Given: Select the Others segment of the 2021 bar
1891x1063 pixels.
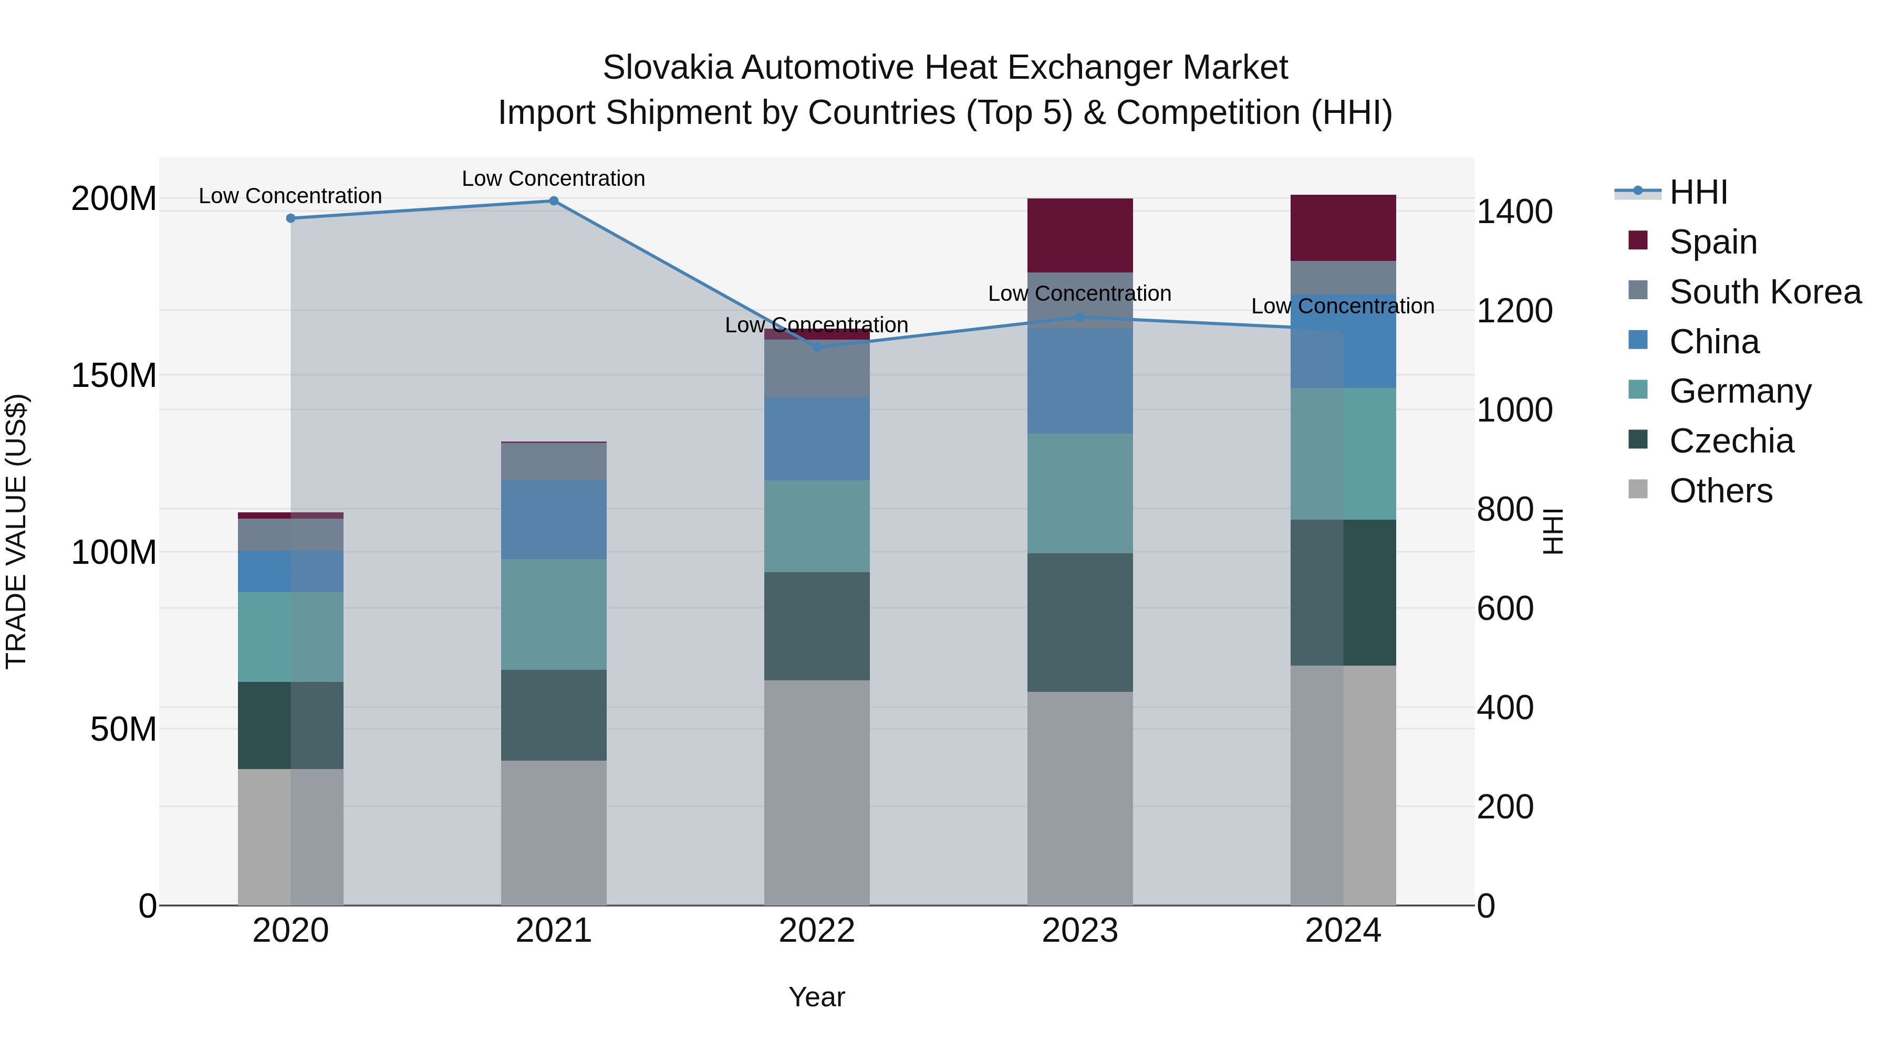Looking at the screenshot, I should point(554,832).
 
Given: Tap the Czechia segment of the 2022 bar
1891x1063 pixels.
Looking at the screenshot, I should point(816,626).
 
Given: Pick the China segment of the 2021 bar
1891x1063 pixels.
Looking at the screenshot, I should point(554,519).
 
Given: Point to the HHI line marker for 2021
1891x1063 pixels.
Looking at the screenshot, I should point(554,201).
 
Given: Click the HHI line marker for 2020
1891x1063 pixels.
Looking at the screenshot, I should point(290,218).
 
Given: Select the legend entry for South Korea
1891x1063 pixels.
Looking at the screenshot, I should point(1765,292).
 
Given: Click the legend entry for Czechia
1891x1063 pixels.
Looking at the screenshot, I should point(1731,441).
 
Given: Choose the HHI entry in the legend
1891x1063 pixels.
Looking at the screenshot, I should point(1698,192).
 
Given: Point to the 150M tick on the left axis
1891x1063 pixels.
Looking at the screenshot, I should point(114,376).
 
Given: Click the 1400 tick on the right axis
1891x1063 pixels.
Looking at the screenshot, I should point(1514,212).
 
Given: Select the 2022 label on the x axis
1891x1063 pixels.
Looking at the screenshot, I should point(816,931).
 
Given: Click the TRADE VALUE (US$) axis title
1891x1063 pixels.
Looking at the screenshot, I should point(16,531).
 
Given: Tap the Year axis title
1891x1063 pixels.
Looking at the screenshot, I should point(816,997).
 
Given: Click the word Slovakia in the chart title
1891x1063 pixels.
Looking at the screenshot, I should point(667,68).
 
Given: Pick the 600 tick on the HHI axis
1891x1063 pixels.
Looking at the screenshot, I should point(1504,609).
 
